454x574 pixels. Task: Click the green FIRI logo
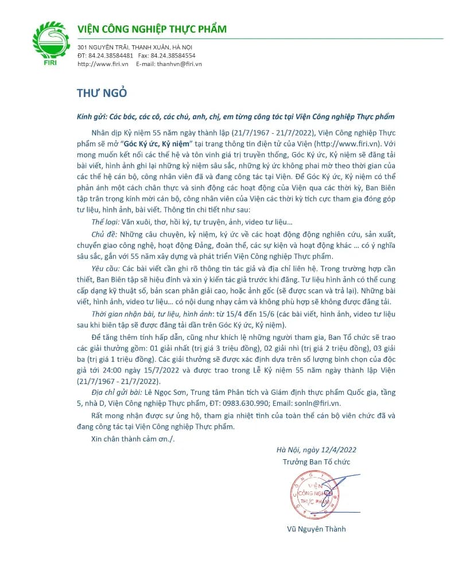point(54,44)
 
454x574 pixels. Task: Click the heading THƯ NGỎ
point(102,93)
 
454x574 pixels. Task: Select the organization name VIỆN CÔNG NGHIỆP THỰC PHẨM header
point(152,29)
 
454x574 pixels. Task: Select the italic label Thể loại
point(104,222)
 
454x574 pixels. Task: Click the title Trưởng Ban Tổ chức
point(316,461)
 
